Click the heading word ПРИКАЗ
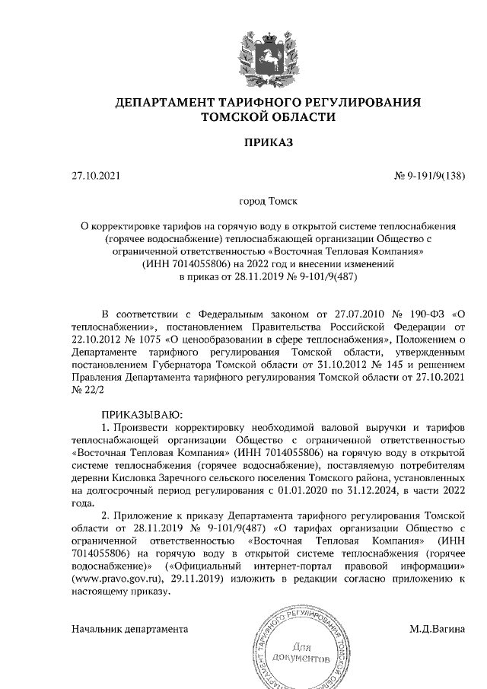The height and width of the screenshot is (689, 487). [268, 142]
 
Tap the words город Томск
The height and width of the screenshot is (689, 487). [267, 201]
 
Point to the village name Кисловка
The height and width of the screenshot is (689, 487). [135, 476]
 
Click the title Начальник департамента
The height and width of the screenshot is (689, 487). [129, 630]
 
